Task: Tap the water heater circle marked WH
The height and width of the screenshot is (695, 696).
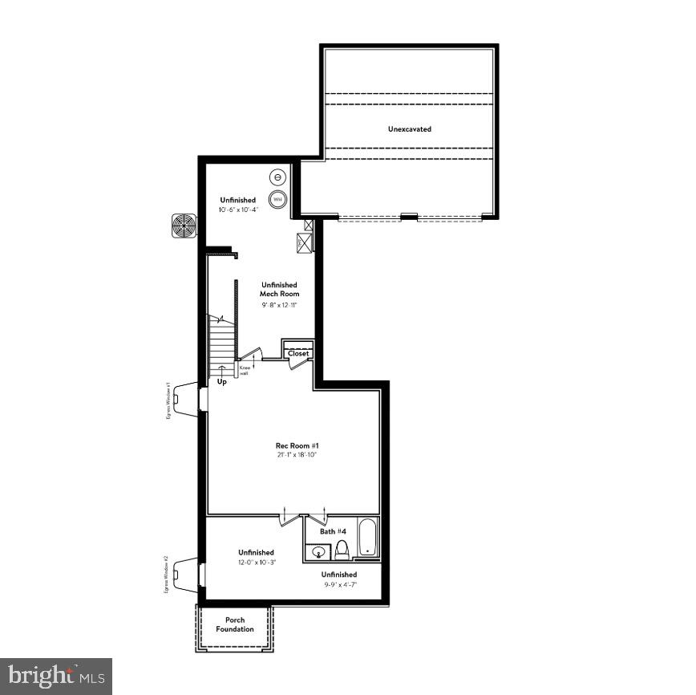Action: tap(277, 199)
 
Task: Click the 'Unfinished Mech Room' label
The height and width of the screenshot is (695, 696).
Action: tap(278, 290)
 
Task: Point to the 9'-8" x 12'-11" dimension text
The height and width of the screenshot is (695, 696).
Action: tap(278, 306)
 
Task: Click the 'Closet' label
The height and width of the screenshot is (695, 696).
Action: tap(298, 353)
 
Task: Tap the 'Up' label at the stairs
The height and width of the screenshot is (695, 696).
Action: tap(222, 382)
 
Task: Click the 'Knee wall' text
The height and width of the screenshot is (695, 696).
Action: tap(244, 371)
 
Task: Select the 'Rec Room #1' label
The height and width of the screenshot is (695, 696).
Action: tap(291, 445)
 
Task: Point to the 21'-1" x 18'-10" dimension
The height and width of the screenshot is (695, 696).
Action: tap(291, 455)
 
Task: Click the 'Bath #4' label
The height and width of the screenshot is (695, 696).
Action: tap(334, 531)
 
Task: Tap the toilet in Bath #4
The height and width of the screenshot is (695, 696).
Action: tap(342, 549)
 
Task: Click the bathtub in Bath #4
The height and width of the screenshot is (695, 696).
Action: tap(367, 539)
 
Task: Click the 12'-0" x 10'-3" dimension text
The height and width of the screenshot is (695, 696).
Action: tap(256, 563)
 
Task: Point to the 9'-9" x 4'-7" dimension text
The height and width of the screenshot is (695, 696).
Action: tap(339, 585)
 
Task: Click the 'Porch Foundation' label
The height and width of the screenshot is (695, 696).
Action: tap(235, 624)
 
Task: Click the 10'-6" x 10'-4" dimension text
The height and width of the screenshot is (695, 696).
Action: tap(237, 209)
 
